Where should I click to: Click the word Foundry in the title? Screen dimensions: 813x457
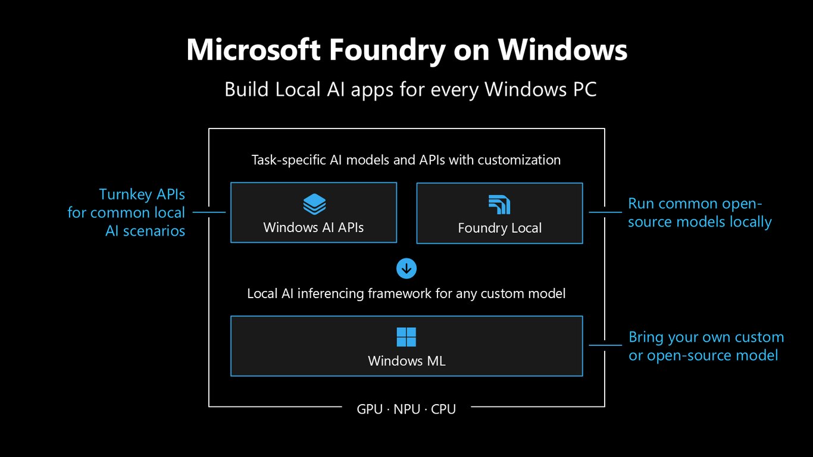pos(387,51)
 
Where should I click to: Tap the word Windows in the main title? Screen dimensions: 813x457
pos(562,49)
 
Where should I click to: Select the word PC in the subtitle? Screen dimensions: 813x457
pos(584,89)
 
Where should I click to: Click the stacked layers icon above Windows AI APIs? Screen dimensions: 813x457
pos(314,204)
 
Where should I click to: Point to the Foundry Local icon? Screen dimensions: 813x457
pos(499,205)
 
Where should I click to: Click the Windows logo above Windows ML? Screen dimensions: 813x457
pos(406,337)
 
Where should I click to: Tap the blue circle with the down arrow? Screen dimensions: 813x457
pos(406,268)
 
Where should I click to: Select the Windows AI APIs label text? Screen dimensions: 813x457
pos(314,227)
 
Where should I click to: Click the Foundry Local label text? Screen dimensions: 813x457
pos(500,228)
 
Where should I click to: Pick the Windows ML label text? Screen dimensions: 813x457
pos(406,361)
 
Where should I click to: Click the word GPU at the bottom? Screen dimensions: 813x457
pos(370,409)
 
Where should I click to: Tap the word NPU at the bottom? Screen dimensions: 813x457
pos(407,409)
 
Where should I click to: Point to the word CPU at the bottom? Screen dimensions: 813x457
pos(443,409)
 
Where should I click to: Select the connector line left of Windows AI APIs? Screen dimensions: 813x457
pos(209,212)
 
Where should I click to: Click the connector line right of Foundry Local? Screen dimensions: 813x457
pos(605,212)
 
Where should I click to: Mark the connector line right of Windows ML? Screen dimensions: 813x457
pos(605,345)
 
